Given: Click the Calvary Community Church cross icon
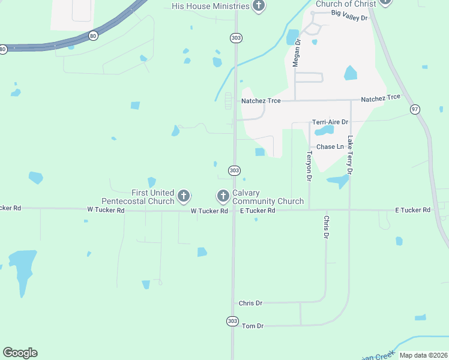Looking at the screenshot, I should coord(223,196).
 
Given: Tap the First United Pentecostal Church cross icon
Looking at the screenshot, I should coord(184,196).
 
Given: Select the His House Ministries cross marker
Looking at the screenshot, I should coord(259,7).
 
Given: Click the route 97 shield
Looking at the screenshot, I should coord(415,109).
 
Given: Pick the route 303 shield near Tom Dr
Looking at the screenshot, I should coord(232,321).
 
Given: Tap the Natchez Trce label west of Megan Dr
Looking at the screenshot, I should coord(261,101).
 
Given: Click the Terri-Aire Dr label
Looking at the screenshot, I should coord(330,122).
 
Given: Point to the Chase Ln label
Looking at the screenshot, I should coord(330,146).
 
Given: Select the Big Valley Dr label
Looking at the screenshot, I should coord(349,18).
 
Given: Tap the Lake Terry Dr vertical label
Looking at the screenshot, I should coord(350,154).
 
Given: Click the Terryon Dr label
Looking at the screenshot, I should coord(309,166).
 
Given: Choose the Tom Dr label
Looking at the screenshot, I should coord(252,326).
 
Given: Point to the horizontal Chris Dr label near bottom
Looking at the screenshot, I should coord(250,304).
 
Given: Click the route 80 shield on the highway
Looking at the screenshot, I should coord(92,36).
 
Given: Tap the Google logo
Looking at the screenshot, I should coord(20,353).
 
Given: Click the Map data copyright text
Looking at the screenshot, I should coord(423,355).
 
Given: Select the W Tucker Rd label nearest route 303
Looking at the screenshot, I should coord(209,211).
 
